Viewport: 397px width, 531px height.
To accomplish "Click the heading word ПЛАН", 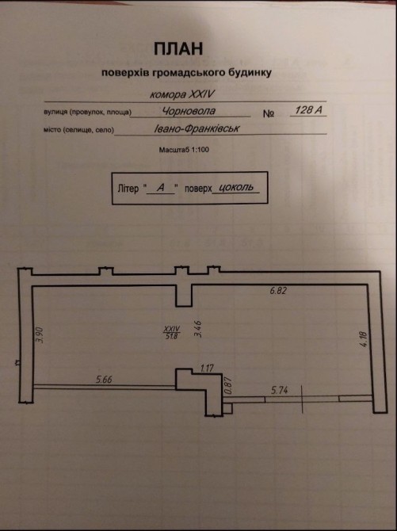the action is (x=178, y=49).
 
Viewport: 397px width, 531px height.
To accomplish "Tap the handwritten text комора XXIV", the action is (x=182, y=94).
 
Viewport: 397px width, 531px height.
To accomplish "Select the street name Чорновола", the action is (x=189, y=111).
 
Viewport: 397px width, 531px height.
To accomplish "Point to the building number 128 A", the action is (x=308, y=109).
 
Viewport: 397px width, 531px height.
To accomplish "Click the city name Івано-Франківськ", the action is (x=197, y=128).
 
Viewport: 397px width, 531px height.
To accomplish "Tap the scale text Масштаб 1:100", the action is (x=184, y=149).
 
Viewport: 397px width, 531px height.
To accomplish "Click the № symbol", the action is (x=269, y=113).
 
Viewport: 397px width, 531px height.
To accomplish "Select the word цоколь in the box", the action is (x=236, y=187).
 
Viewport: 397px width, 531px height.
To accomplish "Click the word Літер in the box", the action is (x=128, y=189).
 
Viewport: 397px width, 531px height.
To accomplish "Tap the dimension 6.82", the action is (x=278, y=291).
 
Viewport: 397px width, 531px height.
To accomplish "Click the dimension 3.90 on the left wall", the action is (x=40, y=335).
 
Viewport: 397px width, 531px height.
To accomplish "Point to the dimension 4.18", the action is (x=364, y=339).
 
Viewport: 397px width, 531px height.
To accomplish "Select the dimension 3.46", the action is (x=198, y=329).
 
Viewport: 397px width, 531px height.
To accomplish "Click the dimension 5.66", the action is (x=104, y=380).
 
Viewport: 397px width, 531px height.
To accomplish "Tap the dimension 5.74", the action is (x=280, y=390).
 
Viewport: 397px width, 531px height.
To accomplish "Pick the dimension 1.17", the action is (x=207, y=368).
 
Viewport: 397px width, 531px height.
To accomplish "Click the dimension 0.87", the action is (x=228, y=385).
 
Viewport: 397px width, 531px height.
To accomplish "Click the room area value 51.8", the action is (x=172, y=336).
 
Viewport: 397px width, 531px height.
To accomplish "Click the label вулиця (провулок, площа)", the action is (x=87, y=112).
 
